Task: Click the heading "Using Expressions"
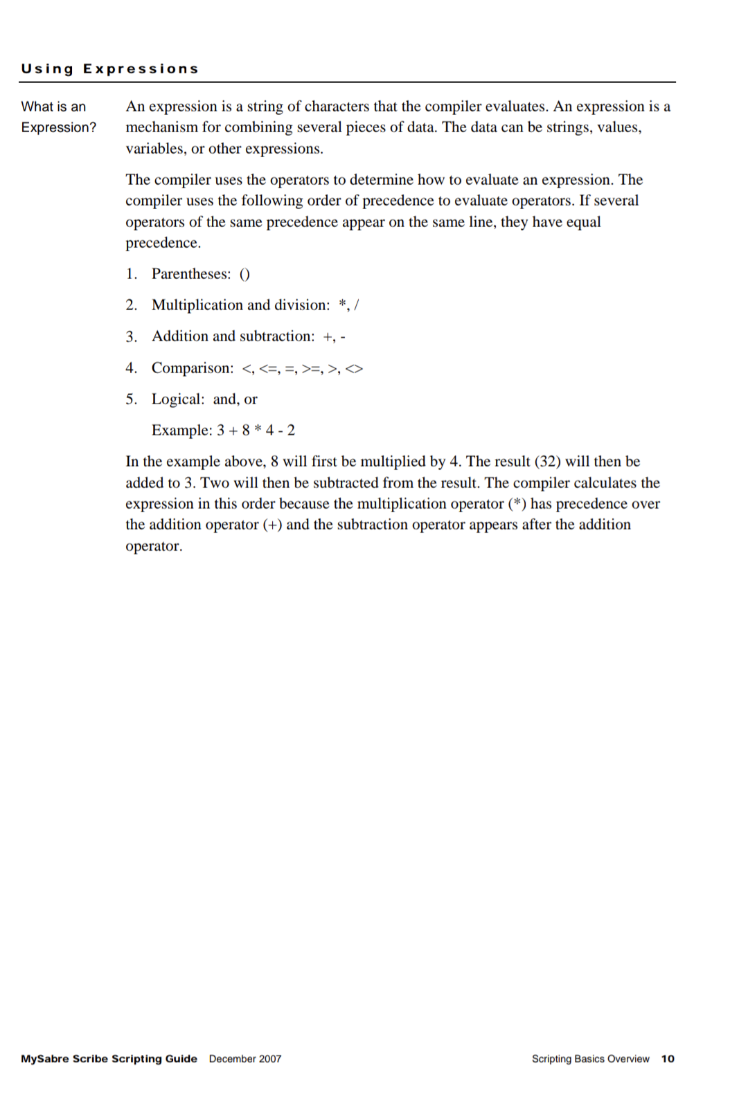109,69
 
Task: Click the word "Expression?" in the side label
59,127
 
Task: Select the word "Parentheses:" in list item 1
191,274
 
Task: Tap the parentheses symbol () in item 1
244,274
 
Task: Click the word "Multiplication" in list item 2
197,305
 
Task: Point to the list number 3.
131,336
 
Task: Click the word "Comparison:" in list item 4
193,368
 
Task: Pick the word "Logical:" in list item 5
178,399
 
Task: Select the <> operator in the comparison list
354,369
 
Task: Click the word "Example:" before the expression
181,431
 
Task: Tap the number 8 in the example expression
246,431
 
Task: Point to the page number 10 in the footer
668,1058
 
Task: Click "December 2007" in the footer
245,1058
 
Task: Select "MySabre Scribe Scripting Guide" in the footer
109,1058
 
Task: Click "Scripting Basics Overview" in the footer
590,1058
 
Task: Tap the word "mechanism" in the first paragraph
161,127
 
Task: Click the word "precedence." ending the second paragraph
163,243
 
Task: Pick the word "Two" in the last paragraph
215,482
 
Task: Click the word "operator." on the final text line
154,546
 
